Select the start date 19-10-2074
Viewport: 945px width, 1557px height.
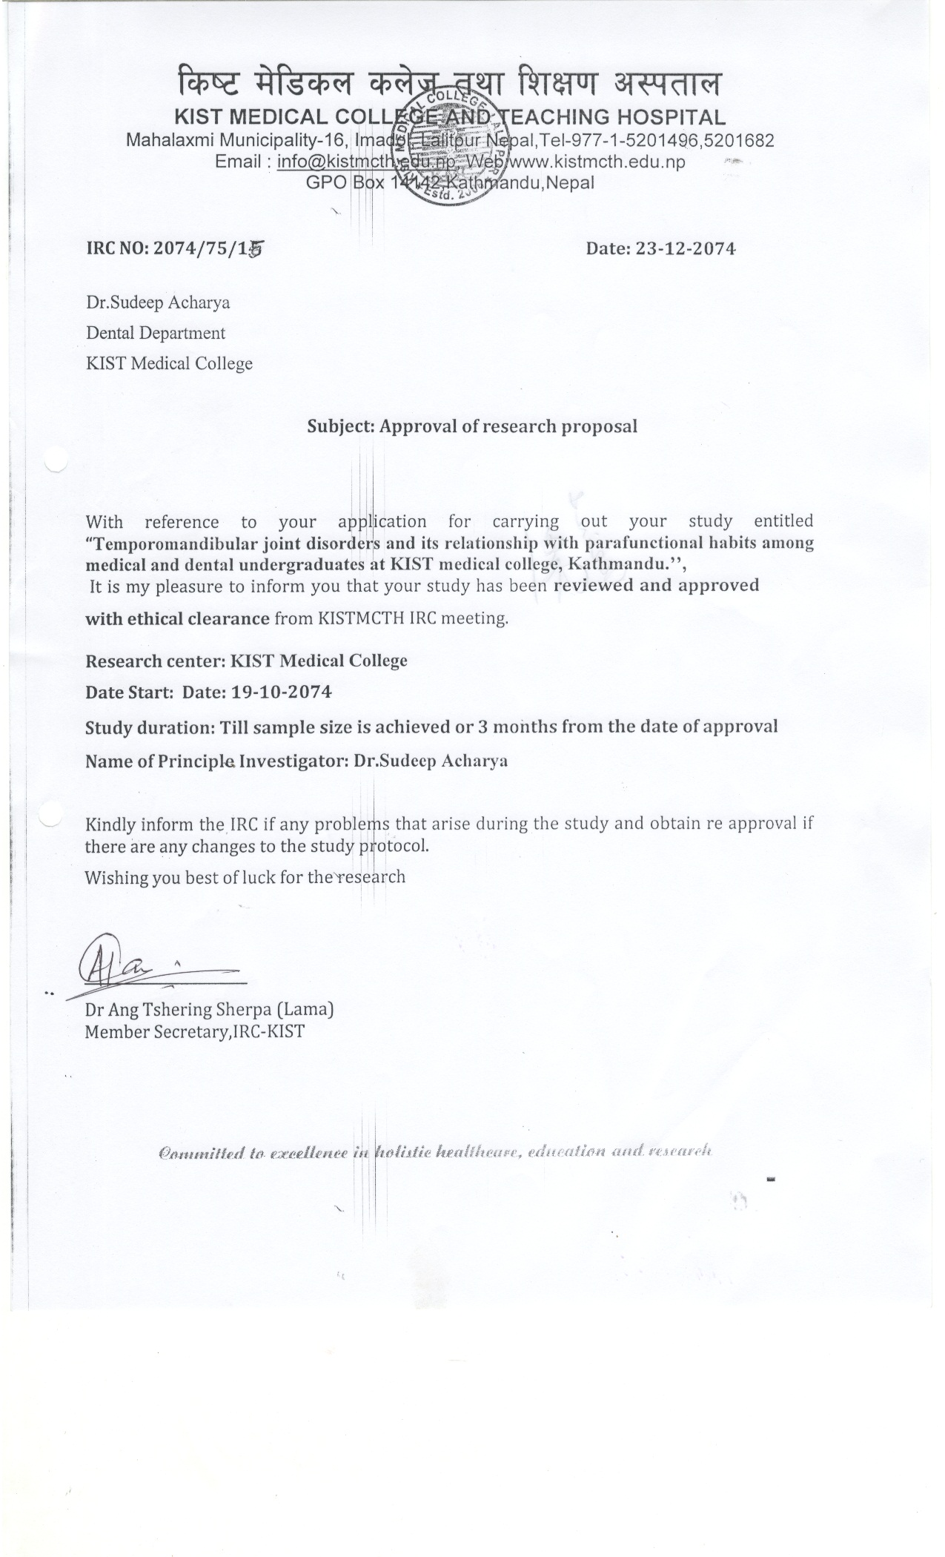coord(282,692)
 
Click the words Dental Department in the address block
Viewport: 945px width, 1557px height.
coord(156,333)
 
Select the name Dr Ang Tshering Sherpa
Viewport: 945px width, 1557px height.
coord(178,1009)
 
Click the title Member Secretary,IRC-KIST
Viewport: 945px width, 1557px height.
coord(194,1031)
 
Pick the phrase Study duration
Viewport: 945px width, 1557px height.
coord(149,727)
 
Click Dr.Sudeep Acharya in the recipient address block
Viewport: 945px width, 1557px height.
coord(158,303)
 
